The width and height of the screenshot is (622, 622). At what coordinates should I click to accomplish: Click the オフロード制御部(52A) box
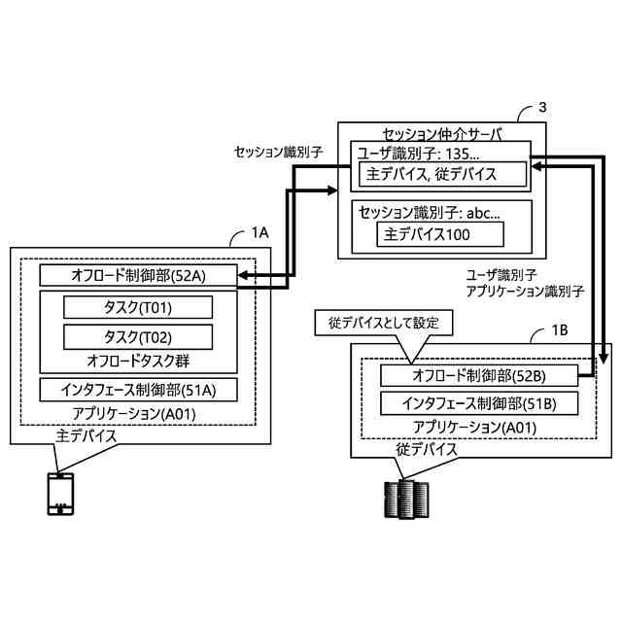[137, 275]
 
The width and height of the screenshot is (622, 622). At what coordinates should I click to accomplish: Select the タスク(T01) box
[137, 307]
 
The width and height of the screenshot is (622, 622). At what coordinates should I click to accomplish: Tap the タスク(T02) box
[137, 336]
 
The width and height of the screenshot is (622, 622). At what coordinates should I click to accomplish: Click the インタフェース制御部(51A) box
[137, 390]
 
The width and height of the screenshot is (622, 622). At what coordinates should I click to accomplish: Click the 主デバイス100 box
[439, 234]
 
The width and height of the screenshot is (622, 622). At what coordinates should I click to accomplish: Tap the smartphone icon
[60, 494]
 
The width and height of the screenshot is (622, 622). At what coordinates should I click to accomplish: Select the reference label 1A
[259, 233]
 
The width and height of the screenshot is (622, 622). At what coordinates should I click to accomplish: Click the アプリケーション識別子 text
[524, 291]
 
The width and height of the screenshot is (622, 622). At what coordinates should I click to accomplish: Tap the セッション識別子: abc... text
[429, 212]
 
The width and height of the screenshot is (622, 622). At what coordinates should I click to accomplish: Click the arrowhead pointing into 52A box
[242, 277]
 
